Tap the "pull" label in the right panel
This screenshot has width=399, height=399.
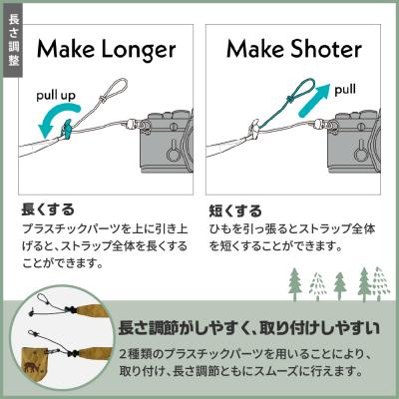[x=345, y=89]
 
